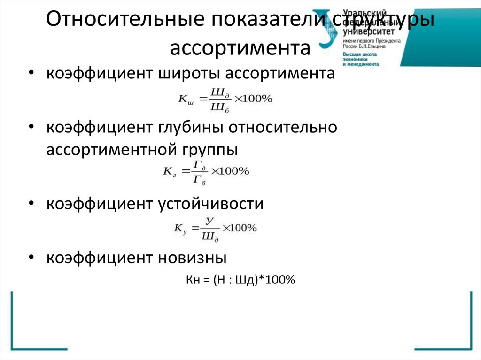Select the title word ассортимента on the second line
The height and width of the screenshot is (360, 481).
240,48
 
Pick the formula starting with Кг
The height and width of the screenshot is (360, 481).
206,171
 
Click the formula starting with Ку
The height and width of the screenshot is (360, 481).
215,229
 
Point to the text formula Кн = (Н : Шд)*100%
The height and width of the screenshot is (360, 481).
240,280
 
